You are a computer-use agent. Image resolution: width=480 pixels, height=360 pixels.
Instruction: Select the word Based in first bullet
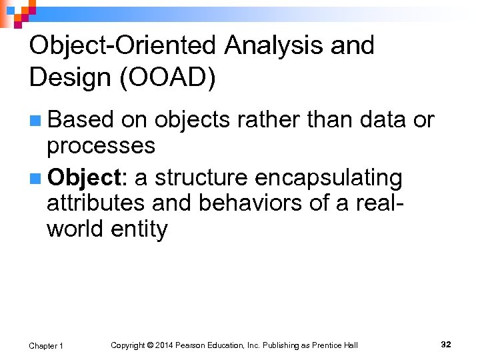(81, 120)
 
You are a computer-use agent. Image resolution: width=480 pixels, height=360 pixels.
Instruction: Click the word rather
(267, 120)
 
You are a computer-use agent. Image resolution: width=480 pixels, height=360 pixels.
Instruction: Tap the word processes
(101, 145)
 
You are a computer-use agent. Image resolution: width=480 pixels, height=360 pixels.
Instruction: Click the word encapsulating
(328, 179)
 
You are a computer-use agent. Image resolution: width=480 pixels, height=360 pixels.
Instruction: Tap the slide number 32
(446, 344)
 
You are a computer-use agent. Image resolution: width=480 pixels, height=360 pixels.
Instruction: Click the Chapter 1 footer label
(46, 345)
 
